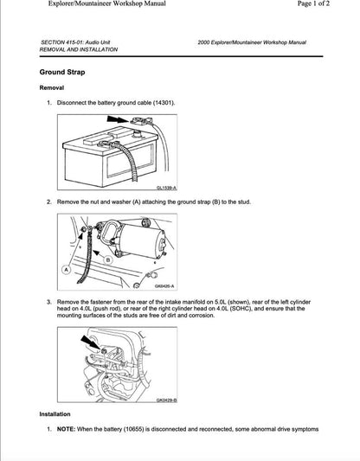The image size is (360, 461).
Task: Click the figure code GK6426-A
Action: pos(164,286)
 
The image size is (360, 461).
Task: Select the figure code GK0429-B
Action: pos(166,400)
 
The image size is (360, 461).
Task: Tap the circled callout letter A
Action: pos(66,270)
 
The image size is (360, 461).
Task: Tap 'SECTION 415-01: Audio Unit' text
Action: pos(76,42)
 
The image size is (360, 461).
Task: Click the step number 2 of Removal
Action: pos(49,201)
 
